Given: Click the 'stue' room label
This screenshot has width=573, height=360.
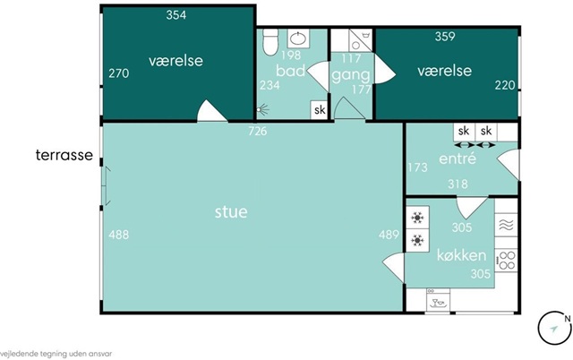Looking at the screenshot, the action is pyautogui.click(x=231, y=212).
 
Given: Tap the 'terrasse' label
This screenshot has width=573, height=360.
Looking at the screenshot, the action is pyautogui.click(x=64, y=155).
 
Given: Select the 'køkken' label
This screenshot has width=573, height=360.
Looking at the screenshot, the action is pyautogui.click(x=462, y=255).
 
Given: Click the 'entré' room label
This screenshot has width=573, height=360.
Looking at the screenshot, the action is pyautogui.click(x=458, y=158).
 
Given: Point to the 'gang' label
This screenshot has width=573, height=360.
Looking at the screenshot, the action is pyautogui.click(x=351, y=75).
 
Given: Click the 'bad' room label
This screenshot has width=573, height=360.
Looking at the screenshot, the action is pyautogui.click(x=290, y=71).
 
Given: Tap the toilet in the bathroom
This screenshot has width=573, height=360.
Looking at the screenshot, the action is pyautogui.click(x=270, y=42).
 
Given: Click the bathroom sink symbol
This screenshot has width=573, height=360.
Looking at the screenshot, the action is pyautogui.click(x=298, y=39).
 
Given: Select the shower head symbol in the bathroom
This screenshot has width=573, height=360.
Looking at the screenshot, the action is pyautogui.click(x=262, y=109).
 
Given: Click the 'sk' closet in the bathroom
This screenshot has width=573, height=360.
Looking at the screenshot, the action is pyautogui.click(x=320, y=109).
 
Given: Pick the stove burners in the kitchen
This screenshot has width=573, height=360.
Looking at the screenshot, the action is pyautogui.click(x=507, y=260).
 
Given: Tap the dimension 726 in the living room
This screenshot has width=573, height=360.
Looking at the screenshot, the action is pyautogui.click(x=258, y=131).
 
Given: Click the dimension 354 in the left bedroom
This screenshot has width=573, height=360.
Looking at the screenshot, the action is pyautogui.click(x=176, y=15).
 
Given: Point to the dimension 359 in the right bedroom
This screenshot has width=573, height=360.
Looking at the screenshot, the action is pyautogui.click(x=445, y=37).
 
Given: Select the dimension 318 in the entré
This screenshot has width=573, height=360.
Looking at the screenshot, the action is pyautogui.click(x=458, y=184).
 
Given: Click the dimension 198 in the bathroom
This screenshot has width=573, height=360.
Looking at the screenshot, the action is pyautogui.click(x=291, y=56).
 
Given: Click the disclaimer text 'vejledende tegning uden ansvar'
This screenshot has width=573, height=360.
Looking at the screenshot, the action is pyautogui.click(x=56, y=354).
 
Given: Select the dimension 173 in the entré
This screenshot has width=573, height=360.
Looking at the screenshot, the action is pyautogui.click(x=418, y=167).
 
